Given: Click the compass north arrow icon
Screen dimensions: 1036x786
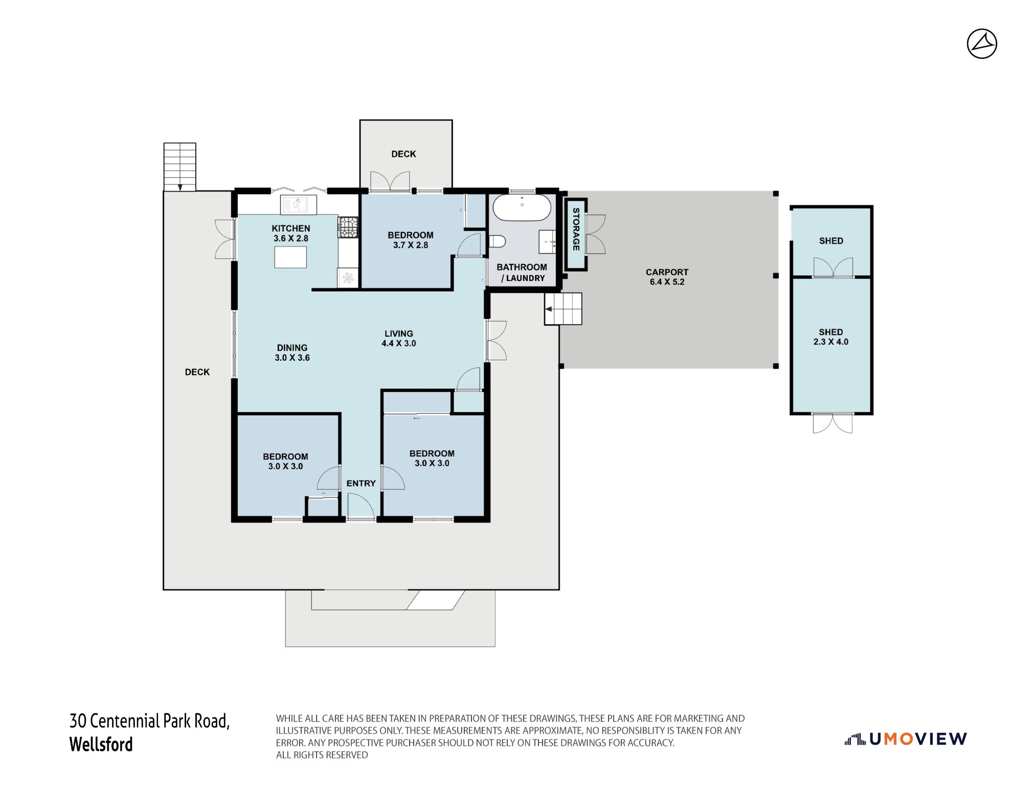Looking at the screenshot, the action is (x=982, y=43).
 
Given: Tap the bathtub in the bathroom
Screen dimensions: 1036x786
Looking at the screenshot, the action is (x=522, y=208).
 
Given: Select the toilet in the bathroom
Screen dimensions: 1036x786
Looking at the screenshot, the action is (x=497, y=241).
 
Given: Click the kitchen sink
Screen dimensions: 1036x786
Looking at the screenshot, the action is (x=299, y=205).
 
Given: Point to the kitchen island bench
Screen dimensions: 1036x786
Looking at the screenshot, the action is (x=290, y=257).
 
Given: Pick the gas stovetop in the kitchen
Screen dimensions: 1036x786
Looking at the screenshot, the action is (x=348, y=227).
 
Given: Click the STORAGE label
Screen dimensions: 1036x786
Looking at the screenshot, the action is (x=576, y=229).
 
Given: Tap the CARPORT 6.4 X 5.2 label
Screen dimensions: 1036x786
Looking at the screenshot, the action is (x=667, y=277).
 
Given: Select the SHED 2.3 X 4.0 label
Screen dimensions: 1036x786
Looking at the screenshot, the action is (x=830, y=337).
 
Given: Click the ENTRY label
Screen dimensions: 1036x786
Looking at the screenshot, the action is (x=361, y=483).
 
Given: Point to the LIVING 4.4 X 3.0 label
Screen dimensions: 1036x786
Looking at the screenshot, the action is (x=399, y=338).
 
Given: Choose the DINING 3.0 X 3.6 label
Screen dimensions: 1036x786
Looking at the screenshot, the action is (x=292, y=353).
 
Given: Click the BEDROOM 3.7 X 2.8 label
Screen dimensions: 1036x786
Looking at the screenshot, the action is (x=411, y=240).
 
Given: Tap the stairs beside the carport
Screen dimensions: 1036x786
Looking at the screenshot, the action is (x=563, y=309).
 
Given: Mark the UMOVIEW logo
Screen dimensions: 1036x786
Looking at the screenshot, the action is (x=906, y=738).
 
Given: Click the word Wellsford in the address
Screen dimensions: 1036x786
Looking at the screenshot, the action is (x=101, y=744).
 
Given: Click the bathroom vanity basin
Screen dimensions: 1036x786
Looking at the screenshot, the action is (x=547, y=242).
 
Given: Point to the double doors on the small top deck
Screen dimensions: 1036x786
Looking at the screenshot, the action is (x=390, y=181).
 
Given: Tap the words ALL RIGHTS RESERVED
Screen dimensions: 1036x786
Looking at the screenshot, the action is (x=322, y=755).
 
